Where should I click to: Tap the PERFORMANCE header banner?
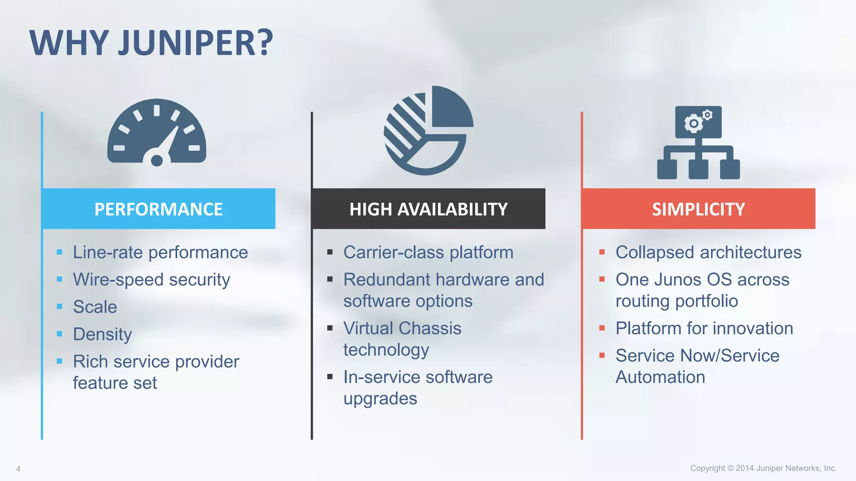[158, 209]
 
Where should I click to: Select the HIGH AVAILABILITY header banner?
[428, 209]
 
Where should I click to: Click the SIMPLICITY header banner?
[698, 209]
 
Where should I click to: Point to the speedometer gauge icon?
[157, 132]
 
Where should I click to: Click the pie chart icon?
[428, 130]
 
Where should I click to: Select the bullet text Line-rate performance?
[160, 252]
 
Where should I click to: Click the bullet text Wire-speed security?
[151, 280]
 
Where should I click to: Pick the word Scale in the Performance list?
[95, 307]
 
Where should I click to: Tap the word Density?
[102, 334]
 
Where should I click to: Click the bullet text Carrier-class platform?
[428, 252]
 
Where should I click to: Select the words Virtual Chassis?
[402, 328]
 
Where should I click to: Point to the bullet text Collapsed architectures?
[708, 252]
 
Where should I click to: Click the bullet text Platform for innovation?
[704, 328]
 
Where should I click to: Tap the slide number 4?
[18, 469]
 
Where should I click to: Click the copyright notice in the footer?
[763, 468]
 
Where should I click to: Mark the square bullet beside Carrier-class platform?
[330, 252]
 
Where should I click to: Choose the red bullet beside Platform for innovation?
[602, 328]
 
